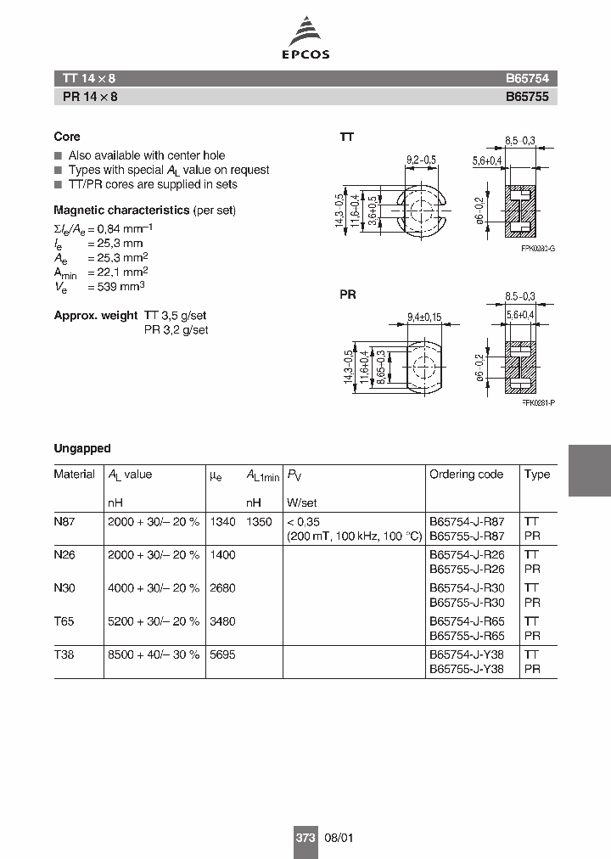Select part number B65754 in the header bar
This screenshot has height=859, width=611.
click(x=527, y=78)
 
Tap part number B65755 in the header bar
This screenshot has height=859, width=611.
click(x=527, y=97)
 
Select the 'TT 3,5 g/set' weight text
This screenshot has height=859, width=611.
click(x=177, y=315)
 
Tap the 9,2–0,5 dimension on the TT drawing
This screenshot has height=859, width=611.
click(x=421, y=160)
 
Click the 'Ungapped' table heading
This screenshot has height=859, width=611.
click(x=82, y=448)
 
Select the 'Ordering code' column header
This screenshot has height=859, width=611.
click(x=466, y=474)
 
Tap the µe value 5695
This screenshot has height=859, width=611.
click(x=222, y=654)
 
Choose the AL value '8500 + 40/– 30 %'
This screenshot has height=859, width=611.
click(x=154, y=654)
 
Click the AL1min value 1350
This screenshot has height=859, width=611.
click(x=260, y=522)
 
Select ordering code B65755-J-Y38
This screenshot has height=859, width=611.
click(x=467, y=668)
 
